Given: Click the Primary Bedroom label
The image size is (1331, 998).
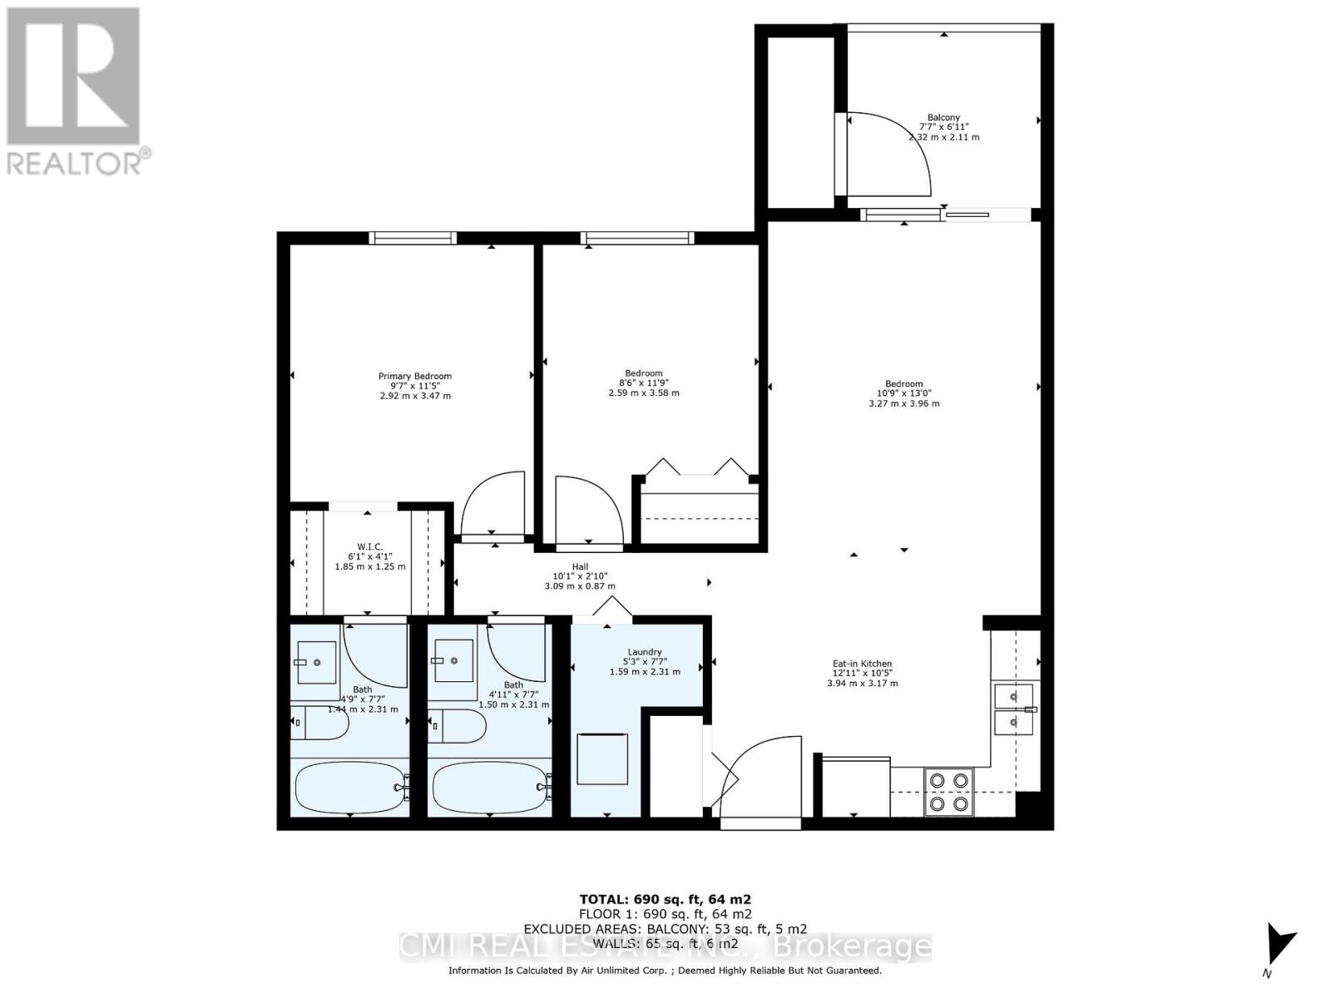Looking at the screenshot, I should tap(414, 376).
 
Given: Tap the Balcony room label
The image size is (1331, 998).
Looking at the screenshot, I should tap(943, 118).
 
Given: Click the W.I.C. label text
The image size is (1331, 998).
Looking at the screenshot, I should tap(369, 546).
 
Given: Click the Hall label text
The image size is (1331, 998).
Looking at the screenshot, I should tap(580, 567).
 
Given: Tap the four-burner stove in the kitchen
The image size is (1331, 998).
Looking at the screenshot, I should tap(949, 792).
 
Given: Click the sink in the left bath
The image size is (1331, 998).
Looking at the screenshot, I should tap(316, 662).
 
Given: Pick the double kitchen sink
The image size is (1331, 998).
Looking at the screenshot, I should tap(1014, 709).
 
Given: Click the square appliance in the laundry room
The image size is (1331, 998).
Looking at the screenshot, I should tap(602, 758).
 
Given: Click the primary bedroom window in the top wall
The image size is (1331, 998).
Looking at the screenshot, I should tap(413, 238).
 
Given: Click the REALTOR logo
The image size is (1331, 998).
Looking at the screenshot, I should tap(75, 91).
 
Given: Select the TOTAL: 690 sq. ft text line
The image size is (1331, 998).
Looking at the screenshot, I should tap(665, 899).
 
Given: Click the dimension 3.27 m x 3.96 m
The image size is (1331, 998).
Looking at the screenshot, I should tap(903, 403).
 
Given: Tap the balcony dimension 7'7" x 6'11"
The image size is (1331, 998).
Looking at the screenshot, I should tap(943, 127).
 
